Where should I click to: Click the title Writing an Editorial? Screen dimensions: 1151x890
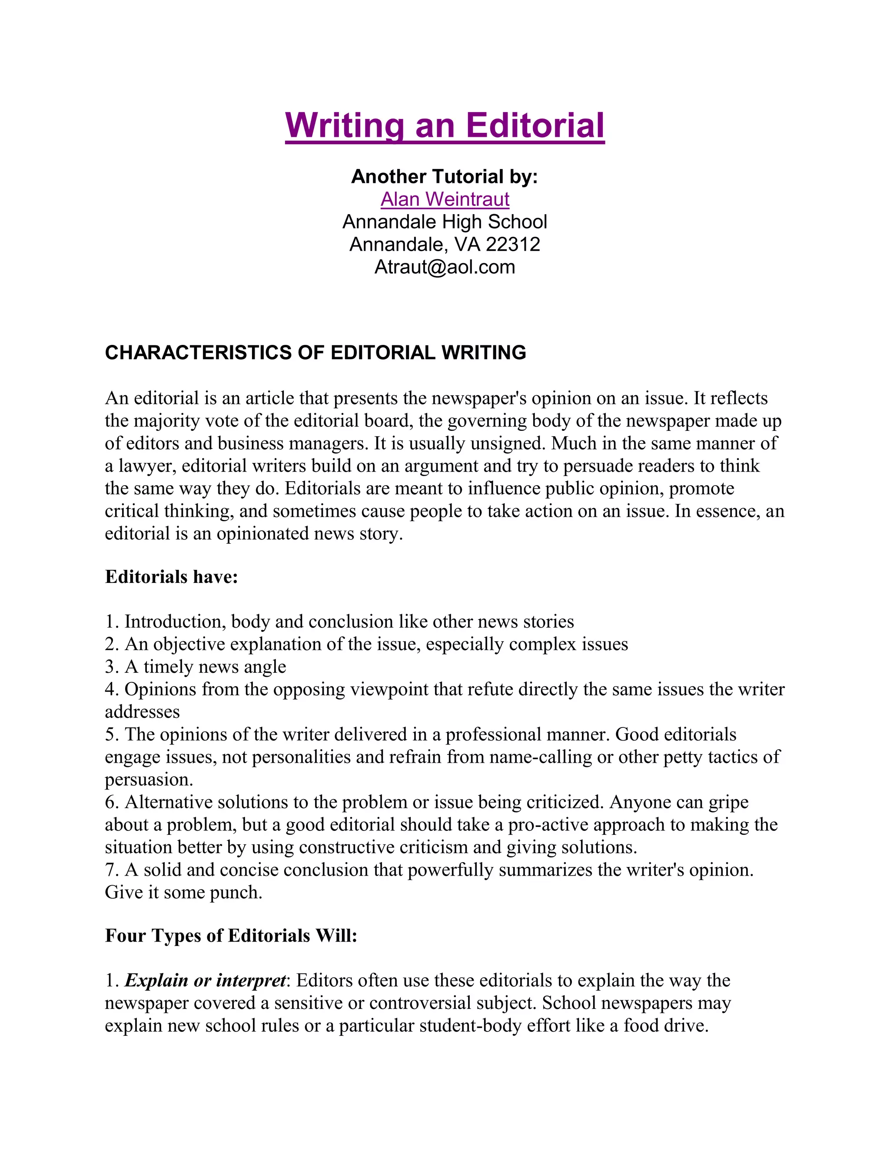(445, 126)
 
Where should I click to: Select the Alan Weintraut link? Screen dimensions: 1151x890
(445, 199)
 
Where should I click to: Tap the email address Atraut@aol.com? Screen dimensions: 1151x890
(445, 267)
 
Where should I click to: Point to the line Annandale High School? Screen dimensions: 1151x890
(445, 222)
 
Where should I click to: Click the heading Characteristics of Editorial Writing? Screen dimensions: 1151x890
(315, 353)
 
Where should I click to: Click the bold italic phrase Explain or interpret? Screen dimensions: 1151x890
(206, 980)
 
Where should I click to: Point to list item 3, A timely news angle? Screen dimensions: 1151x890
(196, 667)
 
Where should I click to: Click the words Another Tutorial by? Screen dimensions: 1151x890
(445, 176)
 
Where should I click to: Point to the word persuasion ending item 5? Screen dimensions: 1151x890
(148, 780)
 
